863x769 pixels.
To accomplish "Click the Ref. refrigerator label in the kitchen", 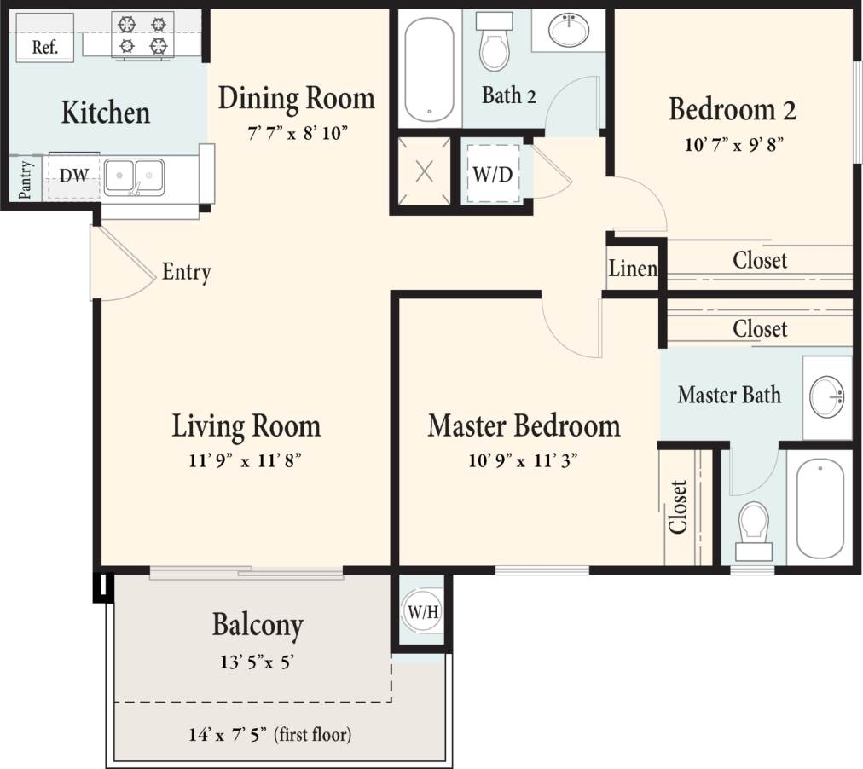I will click(45, 47).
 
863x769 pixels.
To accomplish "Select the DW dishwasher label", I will click(73, 176).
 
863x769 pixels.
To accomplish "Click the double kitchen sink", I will click(135, 176).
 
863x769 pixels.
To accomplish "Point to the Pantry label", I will click(26, 179).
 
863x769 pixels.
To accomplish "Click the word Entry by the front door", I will click(187, 273).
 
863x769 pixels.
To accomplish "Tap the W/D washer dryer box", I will click(493, 176).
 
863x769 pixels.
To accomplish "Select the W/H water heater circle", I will click(418, 611).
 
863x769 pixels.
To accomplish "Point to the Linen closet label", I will click(633, 269).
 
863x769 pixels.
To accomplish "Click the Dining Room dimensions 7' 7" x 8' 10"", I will click(296, 133).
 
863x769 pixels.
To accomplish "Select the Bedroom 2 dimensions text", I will click(733, 144).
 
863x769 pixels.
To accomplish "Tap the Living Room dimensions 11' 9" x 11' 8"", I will click(246, 460).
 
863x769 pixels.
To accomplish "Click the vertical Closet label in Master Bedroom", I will click(679, 506).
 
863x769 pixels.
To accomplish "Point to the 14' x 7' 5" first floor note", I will click(269, 734).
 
